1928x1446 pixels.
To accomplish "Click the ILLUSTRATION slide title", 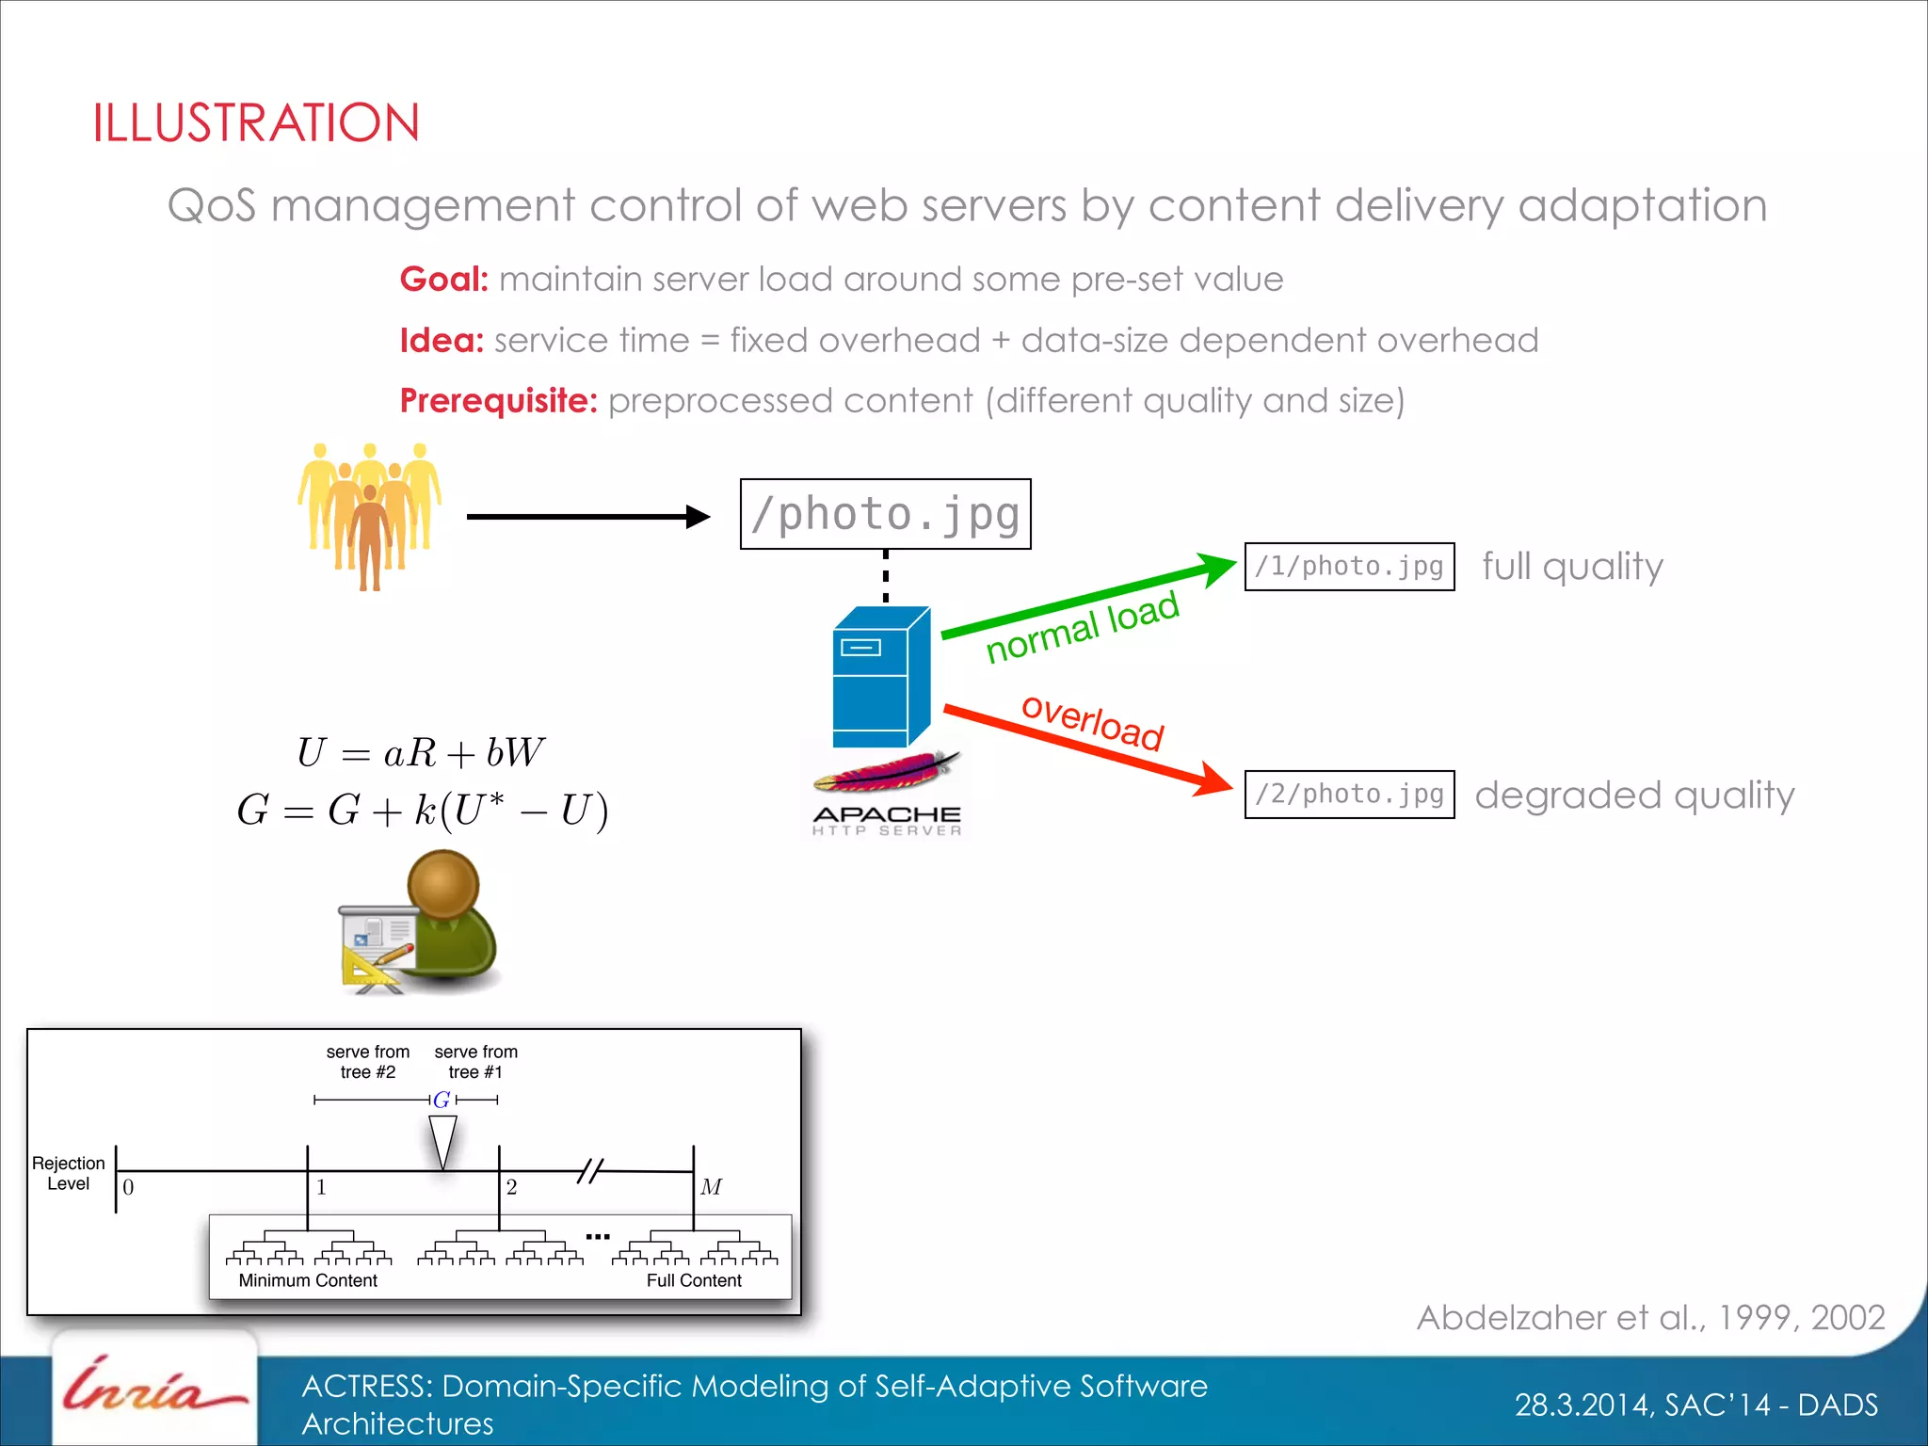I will tap(255, 123).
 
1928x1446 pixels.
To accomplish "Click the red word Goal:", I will tap(443, 280).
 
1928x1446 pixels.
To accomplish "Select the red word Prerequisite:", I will tap(498, 401).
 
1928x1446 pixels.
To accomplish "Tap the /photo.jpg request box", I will tap(885, 514).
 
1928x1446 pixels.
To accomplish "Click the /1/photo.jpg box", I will tap(1348, 567).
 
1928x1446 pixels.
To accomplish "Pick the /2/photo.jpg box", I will tap(1348, 795).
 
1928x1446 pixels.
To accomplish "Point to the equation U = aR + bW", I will tap(420, 753).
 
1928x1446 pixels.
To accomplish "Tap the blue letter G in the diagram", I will tap(441, 1100).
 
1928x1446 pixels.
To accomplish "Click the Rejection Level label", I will tap(68, 1173).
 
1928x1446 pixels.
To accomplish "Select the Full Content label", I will tap(694, 1280).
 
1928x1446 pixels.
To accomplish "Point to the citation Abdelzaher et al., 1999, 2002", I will tap(1649, 1318).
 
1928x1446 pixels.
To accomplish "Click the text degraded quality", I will tap(1634, 795).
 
